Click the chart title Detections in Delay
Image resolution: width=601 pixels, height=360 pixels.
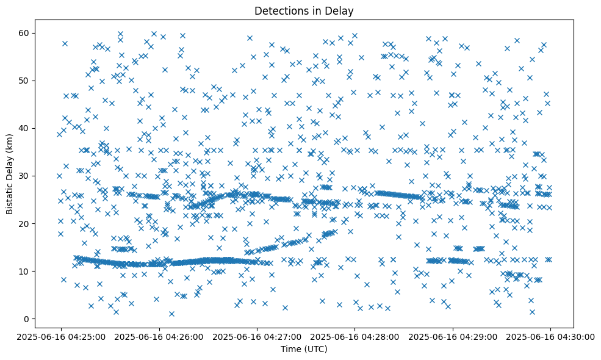pyautogui.click(x=304, y=11)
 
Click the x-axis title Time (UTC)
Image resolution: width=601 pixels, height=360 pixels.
pyautogui.click(x=304, y=349)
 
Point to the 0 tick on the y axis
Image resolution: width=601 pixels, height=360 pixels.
pyautogui.click(x=27, y=319)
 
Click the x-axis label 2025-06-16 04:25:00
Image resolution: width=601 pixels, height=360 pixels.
pyautogui.click(x=60, y=336)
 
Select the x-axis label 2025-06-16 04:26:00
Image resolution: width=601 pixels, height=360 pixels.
pyautogui.click(x=158, y=336)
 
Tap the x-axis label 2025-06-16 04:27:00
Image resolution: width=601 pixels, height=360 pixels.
pyautogui.click(x=256, y=336)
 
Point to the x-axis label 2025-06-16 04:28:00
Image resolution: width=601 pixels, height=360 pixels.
pyautogui.click(x=354, y=336)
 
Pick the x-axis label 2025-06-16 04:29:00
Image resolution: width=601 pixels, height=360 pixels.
pyautogui.click(x=453, y=336)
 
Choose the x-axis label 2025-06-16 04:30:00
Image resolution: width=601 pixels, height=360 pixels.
pyautogui.click(x=550, y=336)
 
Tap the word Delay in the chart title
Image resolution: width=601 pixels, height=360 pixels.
pyautogui.click(x=342, y=11)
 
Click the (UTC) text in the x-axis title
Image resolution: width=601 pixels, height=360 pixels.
pyautogui.click(x=315, y=349)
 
